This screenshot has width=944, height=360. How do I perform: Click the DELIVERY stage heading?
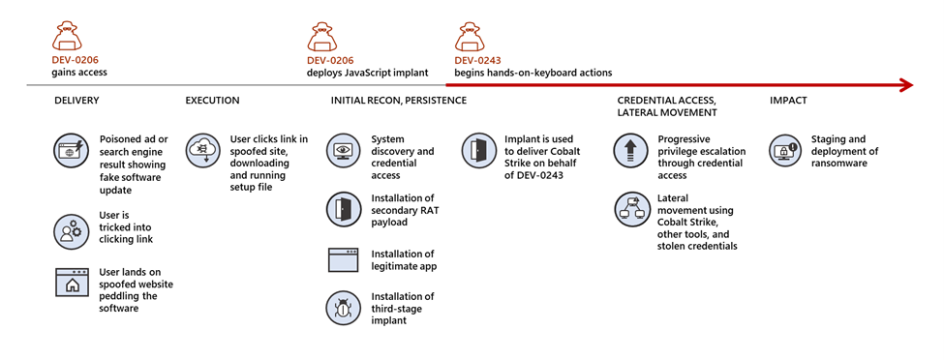[x=76, y=101]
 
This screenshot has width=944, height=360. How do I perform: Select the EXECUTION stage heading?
[x=212, y=101]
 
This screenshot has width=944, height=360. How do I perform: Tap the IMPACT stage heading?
[x=788, y=101]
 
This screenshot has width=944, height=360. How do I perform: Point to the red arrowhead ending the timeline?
[x=905, y=85]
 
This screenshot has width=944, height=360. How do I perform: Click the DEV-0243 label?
[x=478, y=59]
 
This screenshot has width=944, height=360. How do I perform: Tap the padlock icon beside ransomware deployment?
[x=783, y=151]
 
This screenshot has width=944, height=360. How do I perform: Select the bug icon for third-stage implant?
[x=343, y=308]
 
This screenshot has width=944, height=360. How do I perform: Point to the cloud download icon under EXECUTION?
[x=202, y=150]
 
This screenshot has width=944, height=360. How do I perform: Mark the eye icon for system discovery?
[x=343, y=151]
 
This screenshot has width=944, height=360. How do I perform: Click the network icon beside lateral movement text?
[x=629, y=209]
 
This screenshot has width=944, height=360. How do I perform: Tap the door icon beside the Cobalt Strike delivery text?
[x=478, y=151]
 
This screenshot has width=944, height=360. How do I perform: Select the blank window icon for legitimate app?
[x=343, y=260]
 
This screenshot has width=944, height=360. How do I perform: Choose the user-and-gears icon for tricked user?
[x=71, y=229]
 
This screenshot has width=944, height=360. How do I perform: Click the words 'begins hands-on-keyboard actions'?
[x=533, y=73]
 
